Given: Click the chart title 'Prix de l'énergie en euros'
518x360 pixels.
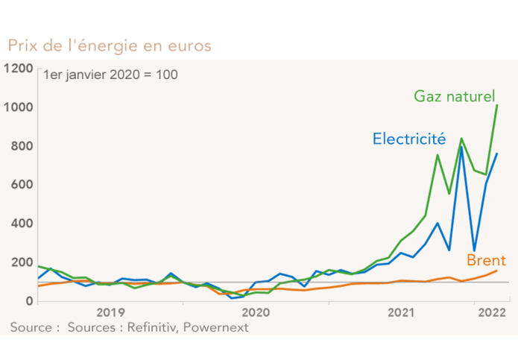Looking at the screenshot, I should tap(110, 45).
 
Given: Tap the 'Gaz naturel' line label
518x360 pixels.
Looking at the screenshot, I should tap(460, 96).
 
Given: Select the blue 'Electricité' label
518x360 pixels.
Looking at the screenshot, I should tap(409, 139).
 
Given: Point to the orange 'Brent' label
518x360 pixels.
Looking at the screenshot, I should tap(486, 260).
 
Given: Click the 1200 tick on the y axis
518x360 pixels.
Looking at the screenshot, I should tap(18, 69).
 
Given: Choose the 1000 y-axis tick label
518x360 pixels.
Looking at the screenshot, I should tap(18, 107).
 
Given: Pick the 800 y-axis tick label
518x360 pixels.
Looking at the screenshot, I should tap(21, 146).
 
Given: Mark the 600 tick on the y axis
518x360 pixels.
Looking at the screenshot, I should tap(21, 185).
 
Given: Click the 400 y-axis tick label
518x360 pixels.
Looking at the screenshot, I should tap(21, 224).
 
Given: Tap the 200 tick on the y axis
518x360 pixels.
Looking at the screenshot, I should tap(21, 262).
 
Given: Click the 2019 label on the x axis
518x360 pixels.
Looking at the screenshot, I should tap(111, 312).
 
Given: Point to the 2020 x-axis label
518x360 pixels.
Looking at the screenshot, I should tap(256, 312).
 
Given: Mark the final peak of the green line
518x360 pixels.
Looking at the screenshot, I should tap(497, 105).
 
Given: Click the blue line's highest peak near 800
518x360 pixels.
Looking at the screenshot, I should tap(462, 147).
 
